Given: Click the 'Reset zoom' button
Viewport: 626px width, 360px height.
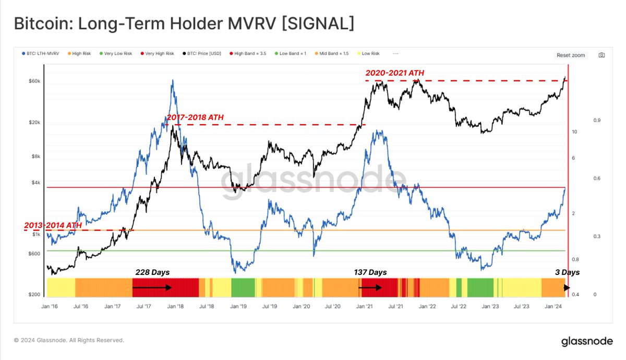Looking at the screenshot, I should [x=571, y=55].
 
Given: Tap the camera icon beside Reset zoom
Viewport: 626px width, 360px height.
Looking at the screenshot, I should [x=601, y=55].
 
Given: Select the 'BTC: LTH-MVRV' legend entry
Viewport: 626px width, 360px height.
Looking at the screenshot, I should [x=39, y=54].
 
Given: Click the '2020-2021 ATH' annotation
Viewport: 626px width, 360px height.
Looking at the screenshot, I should [x=394, y=74].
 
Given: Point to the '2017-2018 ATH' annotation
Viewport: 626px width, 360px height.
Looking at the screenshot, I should [x=195, y=117].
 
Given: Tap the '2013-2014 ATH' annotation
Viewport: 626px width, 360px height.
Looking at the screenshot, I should [x=53, y=225].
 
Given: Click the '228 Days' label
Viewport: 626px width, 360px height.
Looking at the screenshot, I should [x=152, y=272].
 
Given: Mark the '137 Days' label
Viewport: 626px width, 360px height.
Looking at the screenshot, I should [x=369, y=272].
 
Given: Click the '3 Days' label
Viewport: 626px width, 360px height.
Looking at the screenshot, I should [x=567, y=272].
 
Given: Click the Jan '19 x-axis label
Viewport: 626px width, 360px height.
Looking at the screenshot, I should [x=238, y=307].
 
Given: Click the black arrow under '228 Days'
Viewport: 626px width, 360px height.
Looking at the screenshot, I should [x=152, y=287].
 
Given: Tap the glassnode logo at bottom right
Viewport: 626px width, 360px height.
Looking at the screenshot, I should [x=587, y=342].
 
